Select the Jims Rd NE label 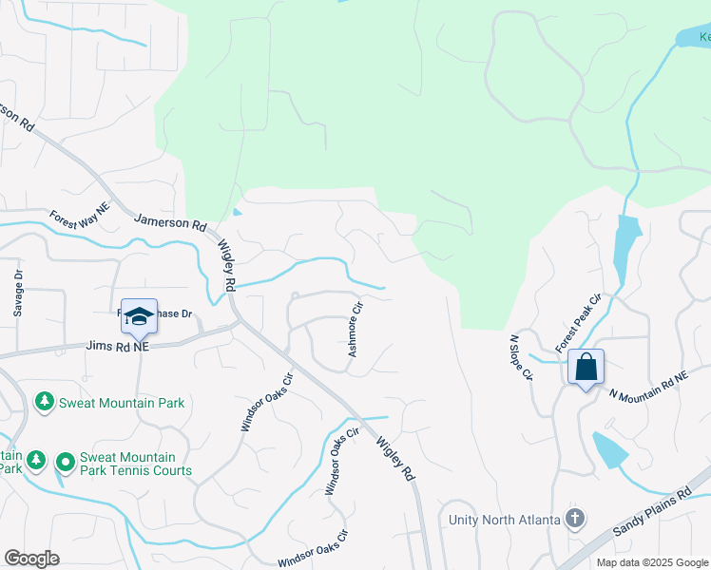coord(118,348)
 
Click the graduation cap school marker coord(139,317)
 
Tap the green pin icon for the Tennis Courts coord(65,463)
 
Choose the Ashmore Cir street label coord(355,329)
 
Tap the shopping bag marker coord(586,367)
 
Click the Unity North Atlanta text coord(504,520)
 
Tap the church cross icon coord(574,519)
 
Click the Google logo coord(31,559)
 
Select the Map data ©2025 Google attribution coord(651,562)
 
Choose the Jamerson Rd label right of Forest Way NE coord(171,225)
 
